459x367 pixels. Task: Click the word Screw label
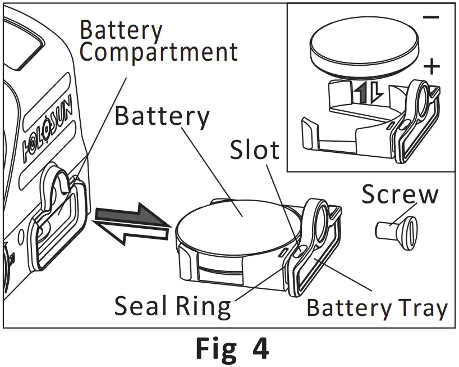coord(400,194)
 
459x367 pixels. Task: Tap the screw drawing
coord(395,229)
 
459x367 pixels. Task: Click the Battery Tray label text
coord(377,308)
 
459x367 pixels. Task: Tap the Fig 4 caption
coord(232,348)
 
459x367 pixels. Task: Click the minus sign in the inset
coord(430,17)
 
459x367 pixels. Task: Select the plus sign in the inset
coord(431,67)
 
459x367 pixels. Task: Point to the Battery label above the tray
coord(162,116)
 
